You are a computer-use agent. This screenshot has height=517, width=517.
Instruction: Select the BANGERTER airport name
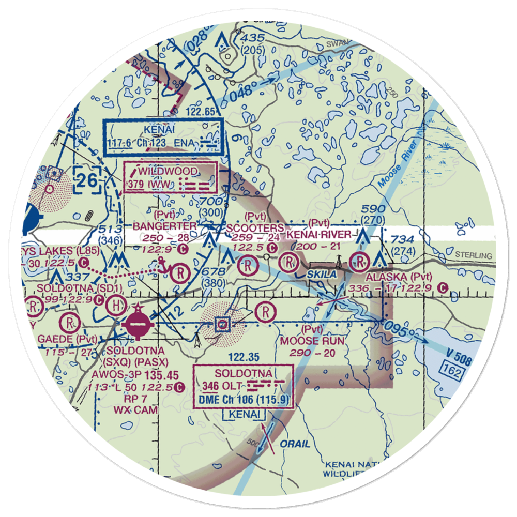pyautogui.click(x=164, y=226)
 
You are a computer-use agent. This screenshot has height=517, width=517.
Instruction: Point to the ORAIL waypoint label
pyautogui.click(x=295, y=444)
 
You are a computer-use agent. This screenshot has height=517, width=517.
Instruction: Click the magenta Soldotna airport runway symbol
pyautogui.click(x=137, y=323)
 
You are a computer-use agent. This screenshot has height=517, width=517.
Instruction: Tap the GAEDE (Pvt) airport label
pyautogui.click(x=67, y=339)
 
